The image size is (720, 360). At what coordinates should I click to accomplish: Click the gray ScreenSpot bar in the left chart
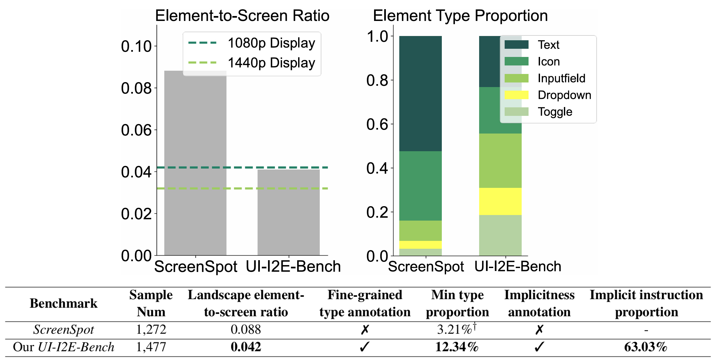pyautogui.click(x=195, y=164)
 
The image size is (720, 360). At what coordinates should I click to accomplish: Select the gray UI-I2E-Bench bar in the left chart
pyautogui.click(x=288, y=213)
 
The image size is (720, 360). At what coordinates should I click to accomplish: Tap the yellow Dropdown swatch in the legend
pyautogui.click(x=516, y=95)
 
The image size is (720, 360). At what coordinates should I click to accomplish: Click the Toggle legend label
pyautogui.click(x=555, y=112)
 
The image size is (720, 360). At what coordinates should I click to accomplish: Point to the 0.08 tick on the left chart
pyautogui.click(x=136, y=88)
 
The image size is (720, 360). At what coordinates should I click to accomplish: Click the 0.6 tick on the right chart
pyautogui.click(x=377, y=124)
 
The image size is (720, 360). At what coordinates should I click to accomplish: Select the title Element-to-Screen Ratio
pyautogui.click(x=242, y=16)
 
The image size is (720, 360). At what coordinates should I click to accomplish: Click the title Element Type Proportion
pyautogui.click(x=460, y=16)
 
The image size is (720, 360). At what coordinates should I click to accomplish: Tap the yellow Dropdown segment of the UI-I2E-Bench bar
pyautogui.click(x=500, y=201)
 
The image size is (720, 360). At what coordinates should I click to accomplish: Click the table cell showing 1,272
pyautogui.click(x=151, y=330)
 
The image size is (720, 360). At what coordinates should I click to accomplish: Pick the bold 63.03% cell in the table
pyautogui.click(x=645, y=347)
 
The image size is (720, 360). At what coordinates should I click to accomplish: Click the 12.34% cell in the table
pyautogui.click(x=457, y=347)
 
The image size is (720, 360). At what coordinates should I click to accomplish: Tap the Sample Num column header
pyautogui.click(x=151, y=303)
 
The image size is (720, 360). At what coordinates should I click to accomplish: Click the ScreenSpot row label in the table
pyautogui.click(x=63, y=330)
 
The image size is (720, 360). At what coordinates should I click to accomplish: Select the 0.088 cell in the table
pyautogui.click(x=246, y=330)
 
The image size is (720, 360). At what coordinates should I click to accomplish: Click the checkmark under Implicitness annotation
pyautogui.click(x=539, y=347)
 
